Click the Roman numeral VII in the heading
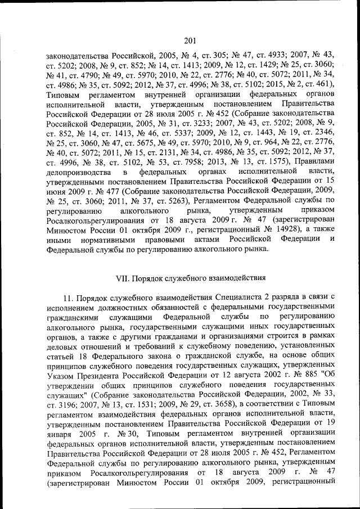pyautogui.click(x=122, y=278)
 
